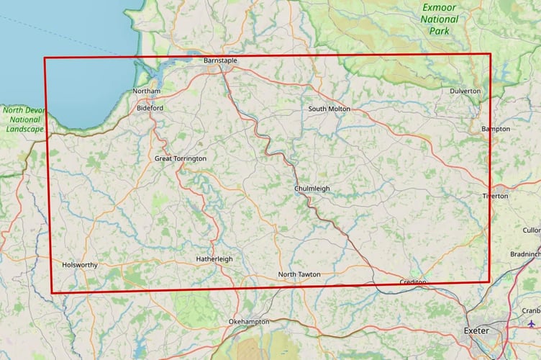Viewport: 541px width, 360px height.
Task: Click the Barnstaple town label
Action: [220, 61]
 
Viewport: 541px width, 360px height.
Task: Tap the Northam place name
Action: [147, 91]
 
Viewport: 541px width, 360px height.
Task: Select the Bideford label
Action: [150, 108]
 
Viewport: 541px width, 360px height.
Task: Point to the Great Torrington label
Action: [181, 158]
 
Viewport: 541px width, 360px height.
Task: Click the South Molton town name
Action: [329, 109]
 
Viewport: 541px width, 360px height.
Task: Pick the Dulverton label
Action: [465, 91]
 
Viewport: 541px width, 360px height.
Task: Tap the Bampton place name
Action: [496, 129]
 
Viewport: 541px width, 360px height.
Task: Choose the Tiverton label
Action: [496, 196]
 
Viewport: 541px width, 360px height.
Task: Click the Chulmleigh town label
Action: [312, 189]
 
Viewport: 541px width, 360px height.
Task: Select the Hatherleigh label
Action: [214, 259]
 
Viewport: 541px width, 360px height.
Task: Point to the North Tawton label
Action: [299, 275]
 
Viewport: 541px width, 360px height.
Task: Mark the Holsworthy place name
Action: [80, 265]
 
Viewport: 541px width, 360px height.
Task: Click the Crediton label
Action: [413, 282]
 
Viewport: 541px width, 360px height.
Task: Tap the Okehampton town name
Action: [248, 321]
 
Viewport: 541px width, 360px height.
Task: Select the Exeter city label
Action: [477, 330]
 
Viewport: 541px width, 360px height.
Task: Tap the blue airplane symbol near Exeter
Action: [532, 324]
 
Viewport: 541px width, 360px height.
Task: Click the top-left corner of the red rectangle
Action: [45, 58]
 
